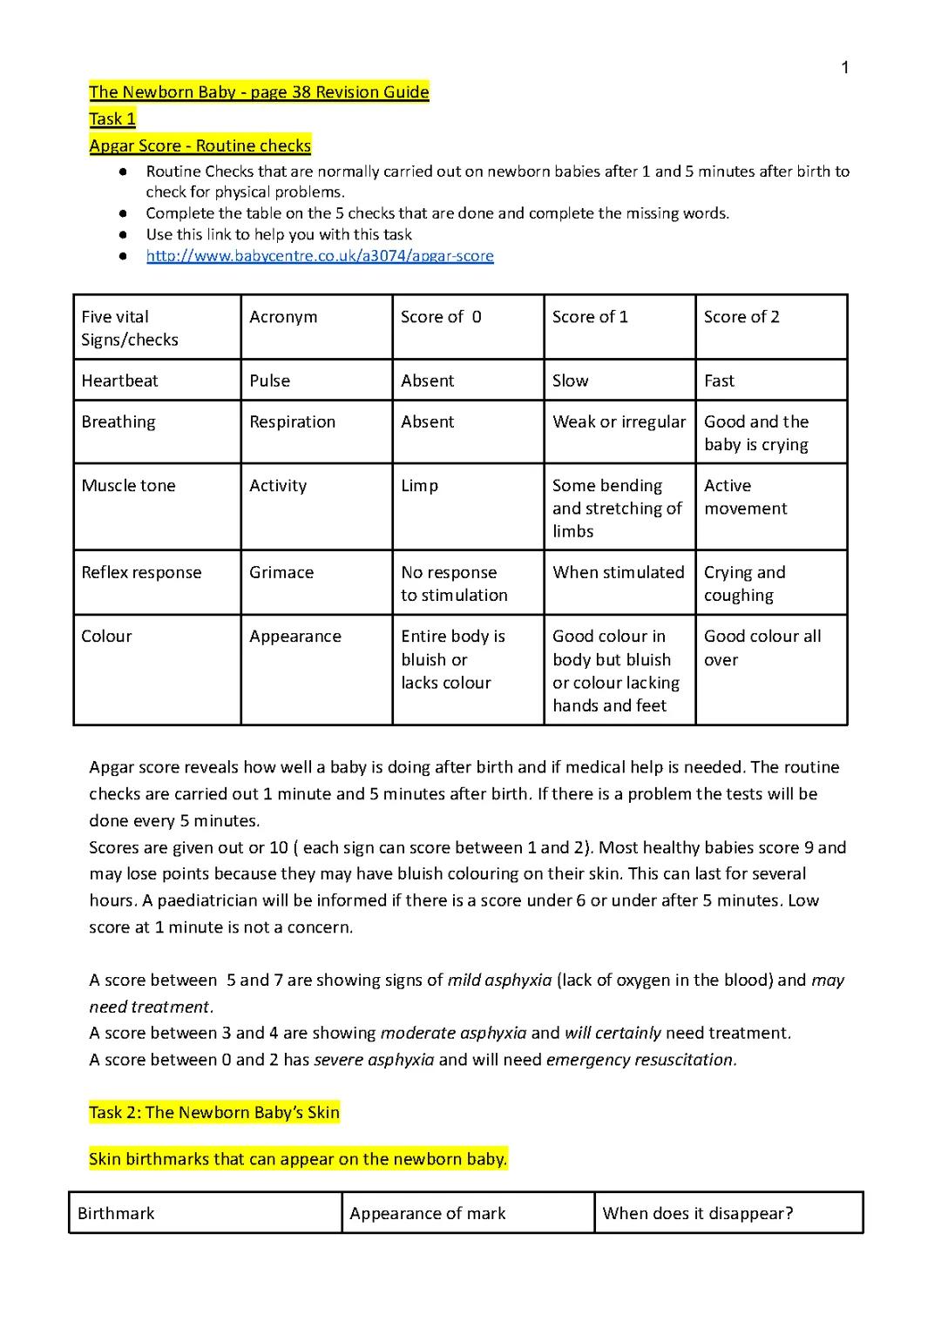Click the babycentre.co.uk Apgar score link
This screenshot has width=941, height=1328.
pos(320,256)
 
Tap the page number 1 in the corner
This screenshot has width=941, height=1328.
pos(844,68)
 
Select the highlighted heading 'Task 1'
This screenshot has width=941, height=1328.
pos(112,119)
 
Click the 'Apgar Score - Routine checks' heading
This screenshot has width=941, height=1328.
pos(200,145)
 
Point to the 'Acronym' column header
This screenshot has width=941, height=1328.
pos(283,317)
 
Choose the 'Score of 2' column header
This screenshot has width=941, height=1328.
pos(741,317)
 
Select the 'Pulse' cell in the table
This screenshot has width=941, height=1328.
pos(269,381)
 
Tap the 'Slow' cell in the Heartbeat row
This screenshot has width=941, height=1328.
pos(570,381)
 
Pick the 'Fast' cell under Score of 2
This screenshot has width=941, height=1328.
pos(719,381)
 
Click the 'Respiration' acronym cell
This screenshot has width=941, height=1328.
pos(292,421)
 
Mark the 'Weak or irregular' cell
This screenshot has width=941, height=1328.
pos(619,421)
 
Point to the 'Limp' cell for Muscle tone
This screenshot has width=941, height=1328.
pos(419,486)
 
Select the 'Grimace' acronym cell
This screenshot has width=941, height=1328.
pos(281,572)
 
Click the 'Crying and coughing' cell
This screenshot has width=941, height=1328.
pos(744,583)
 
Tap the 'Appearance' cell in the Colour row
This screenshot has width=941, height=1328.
pos(295,637)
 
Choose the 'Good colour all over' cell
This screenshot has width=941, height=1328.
pos(762,648)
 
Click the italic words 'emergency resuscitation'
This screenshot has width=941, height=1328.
pos(640,1060)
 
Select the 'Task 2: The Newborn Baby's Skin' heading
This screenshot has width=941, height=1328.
pos(214,1112)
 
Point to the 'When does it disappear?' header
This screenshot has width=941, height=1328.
pos(697,1213)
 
